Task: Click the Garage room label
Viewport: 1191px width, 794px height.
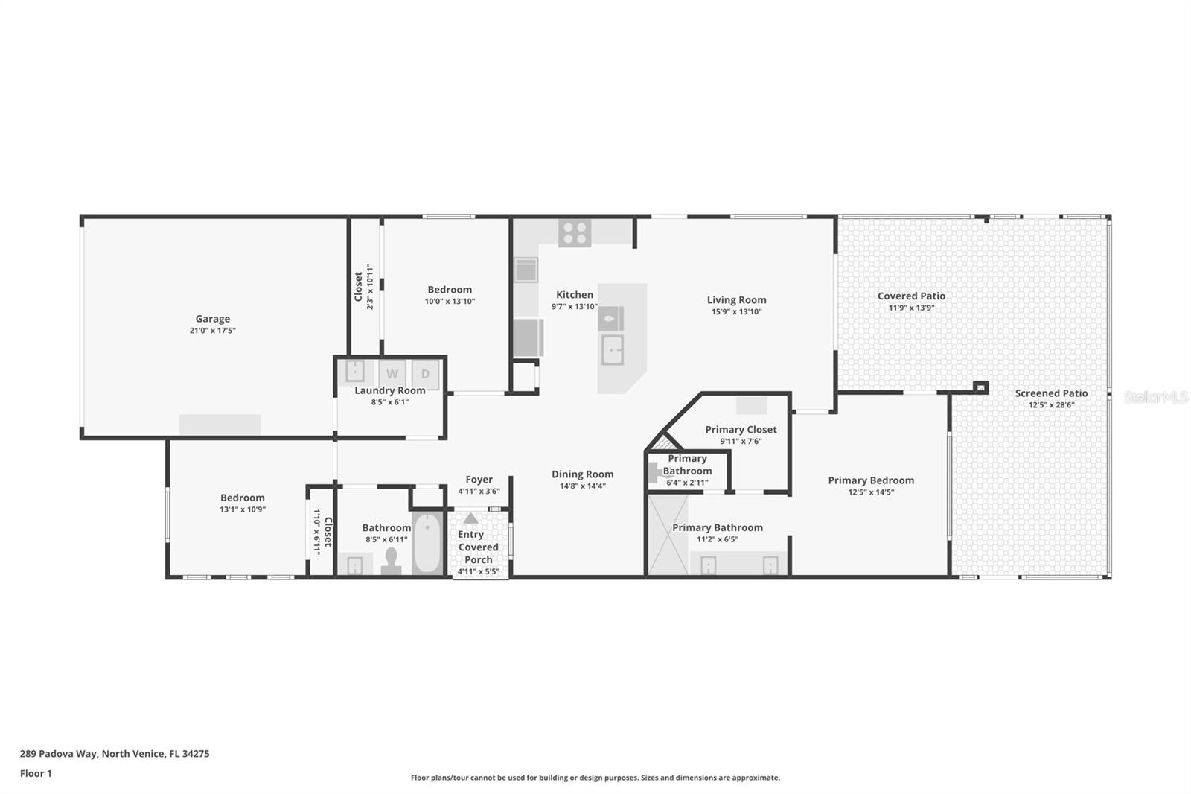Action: pyautogui.click(x=212, y=319)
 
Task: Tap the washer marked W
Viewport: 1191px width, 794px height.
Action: pyautogui.click(x=392, y=374)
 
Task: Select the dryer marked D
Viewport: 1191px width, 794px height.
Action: pyautogui.click(x=425, y=374)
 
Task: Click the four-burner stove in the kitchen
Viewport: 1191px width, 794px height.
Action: pyautogui.click(x=575, y=233)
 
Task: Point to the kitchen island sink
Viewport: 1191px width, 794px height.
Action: pyautogui.click(x=613, y=349)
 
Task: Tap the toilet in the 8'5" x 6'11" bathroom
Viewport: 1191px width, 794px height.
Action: pyautogui.click(x=392, y=560)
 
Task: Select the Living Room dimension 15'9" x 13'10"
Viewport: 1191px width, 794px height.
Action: pyautogui.click(x=736, y=312)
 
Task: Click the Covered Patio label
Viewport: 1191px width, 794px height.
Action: pyautogui.click(x=911, y=296)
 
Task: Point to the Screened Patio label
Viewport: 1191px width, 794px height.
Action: pyautogui.click(x=1051, y=393)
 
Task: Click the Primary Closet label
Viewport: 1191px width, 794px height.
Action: pyautogui.click(x=741, y=430)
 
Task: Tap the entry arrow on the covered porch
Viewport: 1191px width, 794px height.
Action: pyautogui.click(x=470, y=518)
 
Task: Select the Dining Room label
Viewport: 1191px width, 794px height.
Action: pyautogui.click(x=582, y=474)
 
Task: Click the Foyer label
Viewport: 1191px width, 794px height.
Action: pyautogui.click(x=479, y=480)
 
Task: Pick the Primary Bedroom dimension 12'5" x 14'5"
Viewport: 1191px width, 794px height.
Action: pyautogui.click(x=871, y=492)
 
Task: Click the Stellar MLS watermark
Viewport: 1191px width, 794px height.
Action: pyautogui.click(x=1155, y=397)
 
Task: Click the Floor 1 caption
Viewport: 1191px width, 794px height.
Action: pyautogui.click(x=36, y=773)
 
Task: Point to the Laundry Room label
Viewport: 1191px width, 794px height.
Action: pyautogui.click(x=390, y=390)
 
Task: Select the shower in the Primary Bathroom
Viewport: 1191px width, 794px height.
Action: pyautogui.click(x=667, y=536)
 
